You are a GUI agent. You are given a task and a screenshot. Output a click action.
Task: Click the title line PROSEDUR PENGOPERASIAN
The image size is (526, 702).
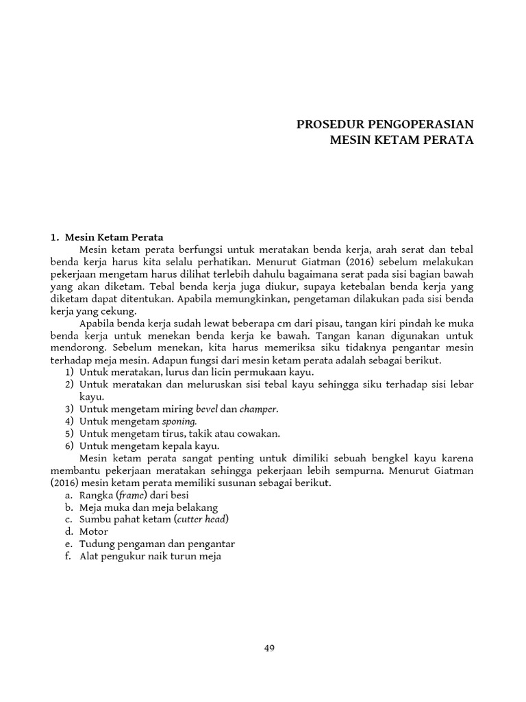[x=384, y=125]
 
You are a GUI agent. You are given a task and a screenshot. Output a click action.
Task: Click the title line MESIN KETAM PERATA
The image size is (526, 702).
[x=401, y=141]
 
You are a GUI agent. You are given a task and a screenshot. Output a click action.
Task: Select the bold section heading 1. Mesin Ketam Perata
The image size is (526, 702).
[x=108, y=237]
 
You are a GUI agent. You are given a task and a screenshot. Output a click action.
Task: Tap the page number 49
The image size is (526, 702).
[x=269, y=649]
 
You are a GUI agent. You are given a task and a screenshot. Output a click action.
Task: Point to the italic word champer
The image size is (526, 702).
[x=259, y=409]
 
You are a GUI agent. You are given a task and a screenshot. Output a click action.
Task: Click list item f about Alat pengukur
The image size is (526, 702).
[x=143, y=557]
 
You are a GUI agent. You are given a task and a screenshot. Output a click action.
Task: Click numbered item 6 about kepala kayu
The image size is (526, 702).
[x=144, y=446]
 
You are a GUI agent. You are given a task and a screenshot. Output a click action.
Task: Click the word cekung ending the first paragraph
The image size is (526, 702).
[x=121, y=311]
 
